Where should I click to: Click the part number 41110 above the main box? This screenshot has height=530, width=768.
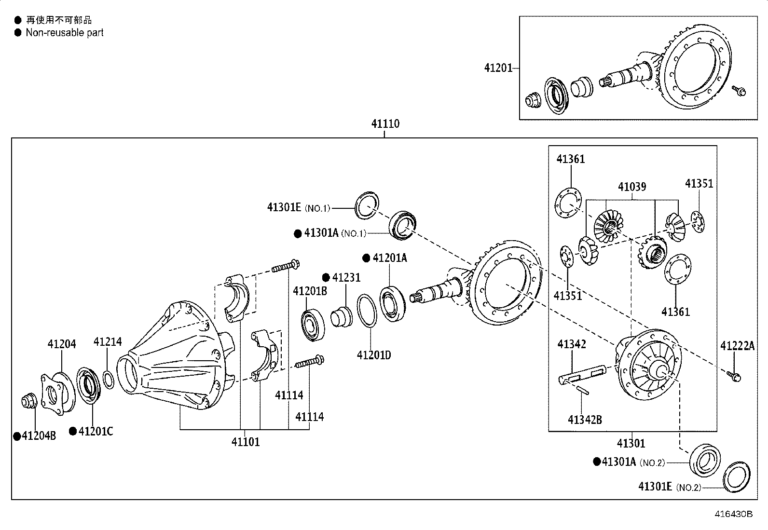pyautogui.click(x=385, y=124)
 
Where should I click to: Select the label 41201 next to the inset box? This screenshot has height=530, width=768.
pyautogui.click(x=498, y=68)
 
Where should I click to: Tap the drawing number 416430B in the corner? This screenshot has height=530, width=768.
pyautogui.click(x=733, y=514)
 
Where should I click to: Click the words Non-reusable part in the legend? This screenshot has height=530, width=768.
pyautogui.click(x=65, y=33)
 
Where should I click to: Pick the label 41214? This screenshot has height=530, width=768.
pyautogui.click(x=108, y=342)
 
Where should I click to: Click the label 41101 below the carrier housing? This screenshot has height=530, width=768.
pyautogui.click(x=245, y=442)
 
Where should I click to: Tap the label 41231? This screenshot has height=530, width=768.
pyautogui.click(x=346, y=278)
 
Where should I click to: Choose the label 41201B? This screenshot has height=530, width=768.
pyautogui.click(x=310, y=291)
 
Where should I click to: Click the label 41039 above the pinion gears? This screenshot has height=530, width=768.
pyautogui.click(x=632, y=187)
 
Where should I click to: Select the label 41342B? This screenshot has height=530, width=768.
pyautogui.click(x=585, y=420)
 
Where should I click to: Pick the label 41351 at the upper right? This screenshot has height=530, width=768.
pyautogui.click(x=699, y=184)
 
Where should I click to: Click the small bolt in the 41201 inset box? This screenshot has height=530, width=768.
pyautogui.click(x=739, y=90)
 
